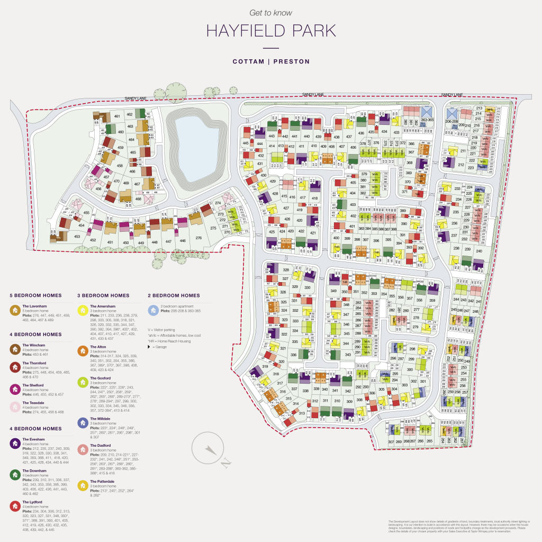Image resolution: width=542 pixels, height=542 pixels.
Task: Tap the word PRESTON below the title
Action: (x=291, y=61)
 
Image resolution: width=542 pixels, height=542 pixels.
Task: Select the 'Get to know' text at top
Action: (x=270, y=13)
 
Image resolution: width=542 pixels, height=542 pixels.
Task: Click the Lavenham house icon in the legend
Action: (x=15, y=310)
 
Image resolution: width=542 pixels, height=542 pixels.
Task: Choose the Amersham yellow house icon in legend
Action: (x=83, y=310)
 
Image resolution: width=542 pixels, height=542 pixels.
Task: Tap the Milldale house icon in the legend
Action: (x=83, y=422)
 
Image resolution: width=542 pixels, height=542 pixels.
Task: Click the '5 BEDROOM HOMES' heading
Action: (x=35, y=295)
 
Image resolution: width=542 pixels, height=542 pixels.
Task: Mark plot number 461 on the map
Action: (x=116, y=116)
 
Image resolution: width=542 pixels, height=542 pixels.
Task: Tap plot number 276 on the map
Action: (x=198, y=238)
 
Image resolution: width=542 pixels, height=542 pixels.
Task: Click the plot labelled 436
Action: (x=361, y=133)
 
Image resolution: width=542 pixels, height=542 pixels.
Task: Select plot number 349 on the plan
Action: (x=333, y=291)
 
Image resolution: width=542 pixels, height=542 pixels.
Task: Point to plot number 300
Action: (x=410, y=369)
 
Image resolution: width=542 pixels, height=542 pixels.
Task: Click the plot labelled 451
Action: (x=110, y=242)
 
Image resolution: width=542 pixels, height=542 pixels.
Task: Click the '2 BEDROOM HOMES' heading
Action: (x=174, y=295)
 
